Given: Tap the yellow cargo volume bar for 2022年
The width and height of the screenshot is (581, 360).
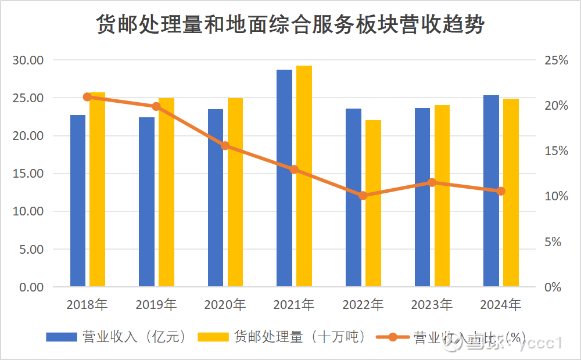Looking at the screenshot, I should pos(373,203).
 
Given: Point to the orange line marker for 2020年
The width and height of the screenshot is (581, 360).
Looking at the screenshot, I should pos(225,146).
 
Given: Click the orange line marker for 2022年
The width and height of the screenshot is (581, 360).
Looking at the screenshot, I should pos(363,196).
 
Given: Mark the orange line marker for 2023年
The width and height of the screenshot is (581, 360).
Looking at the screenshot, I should pos(432,182).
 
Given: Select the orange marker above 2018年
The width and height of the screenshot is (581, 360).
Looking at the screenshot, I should pos(88,97).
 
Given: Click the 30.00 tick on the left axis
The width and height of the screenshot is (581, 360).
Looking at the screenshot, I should pos(28,60).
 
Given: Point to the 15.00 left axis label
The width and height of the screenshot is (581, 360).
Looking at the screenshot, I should pos(28,174).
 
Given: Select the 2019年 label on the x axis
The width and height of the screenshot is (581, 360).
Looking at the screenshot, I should pos(156,304).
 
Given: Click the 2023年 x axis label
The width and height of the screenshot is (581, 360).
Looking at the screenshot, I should pos(432,304).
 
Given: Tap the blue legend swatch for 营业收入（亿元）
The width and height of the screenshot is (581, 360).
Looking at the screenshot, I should pos(62,337).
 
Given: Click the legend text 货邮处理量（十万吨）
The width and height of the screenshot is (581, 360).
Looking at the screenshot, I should pos(299,337).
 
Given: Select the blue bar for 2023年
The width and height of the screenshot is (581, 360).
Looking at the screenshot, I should pos(422,197).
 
